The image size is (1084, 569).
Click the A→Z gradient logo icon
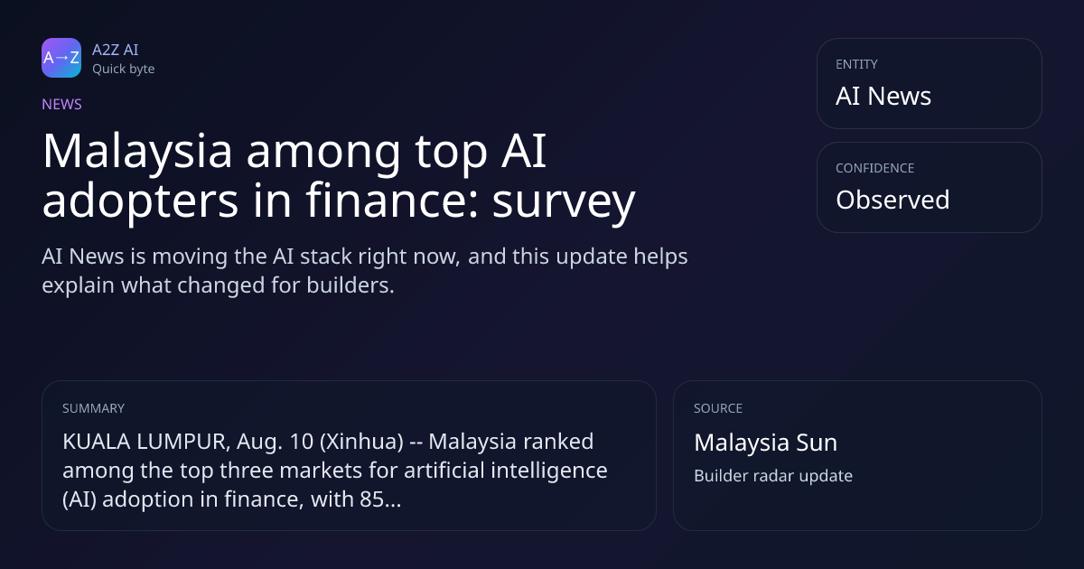[x=61, y=58]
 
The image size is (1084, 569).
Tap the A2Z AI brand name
[x=116, y=50]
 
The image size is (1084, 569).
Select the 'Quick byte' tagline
[x=124, y=70]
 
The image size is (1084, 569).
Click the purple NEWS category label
[x=62, y=105]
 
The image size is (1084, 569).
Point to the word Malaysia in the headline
[x=137, y=152]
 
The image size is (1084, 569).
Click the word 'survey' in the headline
[x=564, y=201]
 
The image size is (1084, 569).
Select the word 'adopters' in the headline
[x=140, y=201]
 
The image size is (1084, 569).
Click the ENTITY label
[x=856, y=64]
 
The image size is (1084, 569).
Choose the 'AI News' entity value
[x=883, y=96]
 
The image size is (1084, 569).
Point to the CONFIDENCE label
[x=875, y=168]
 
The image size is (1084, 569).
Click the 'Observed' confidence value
[x=892, y=200]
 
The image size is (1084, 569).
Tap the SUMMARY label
[x=93, y=408]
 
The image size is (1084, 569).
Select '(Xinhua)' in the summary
[x=361, y=443]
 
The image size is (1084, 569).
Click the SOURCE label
[x=718, y=408]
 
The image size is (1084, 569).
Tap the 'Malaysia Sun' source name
[x=766, y=443]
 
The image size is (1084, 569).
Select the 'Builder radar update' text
[x=773, y=476]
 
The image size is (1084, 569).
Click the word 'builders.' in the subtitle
[x=350, y=285]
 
